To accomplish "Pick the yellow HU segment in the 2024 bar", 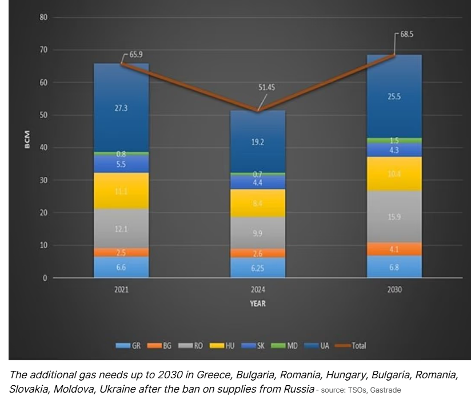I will (257, 203).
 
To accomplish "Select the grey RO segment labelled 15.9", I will (394, 217).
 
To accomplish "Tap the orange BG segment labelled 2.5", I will (121, 252).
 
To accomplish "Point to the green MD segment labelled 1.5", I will (394, 140).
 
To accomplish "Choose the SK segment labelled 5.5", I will (121, 164).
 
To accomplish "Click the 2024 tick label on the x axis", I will (257, 290).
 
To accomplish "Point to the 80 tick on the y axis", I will (43, 17).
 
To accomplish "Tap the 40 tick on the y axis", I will (43, 148).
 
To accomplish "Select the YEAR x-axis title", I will (257, 304).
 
